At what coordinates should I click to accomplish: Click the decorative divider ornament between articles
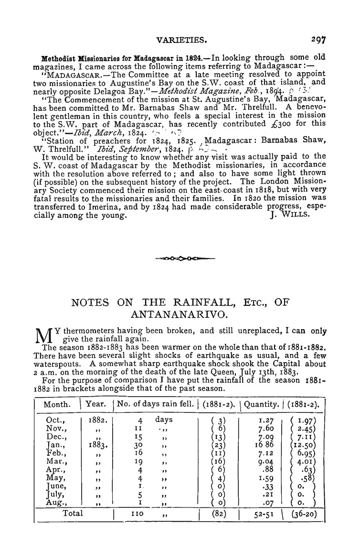(x=185, y=258)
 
